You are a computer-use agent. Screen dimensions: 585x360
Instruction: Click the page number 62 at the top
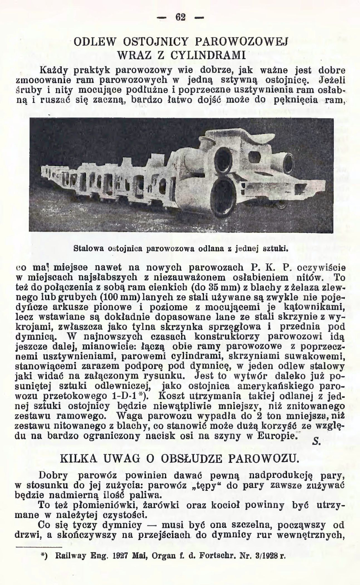[180, 17]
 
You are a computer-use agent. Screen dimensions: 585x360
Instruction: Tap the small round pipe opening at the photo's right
[287, 161]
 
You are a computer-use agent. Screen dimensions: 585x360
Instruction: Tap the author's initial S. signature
[317, 441]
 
